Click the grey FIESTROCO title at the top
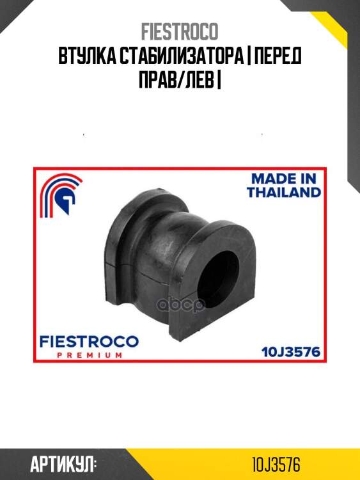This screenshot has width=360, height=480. [180, 31]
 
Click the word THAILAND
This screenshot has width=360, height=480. [285, 192]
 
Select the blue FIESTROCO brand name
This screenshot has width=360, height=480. [89, 342]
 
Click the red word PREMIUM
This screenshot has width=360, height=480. [90, 355]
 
